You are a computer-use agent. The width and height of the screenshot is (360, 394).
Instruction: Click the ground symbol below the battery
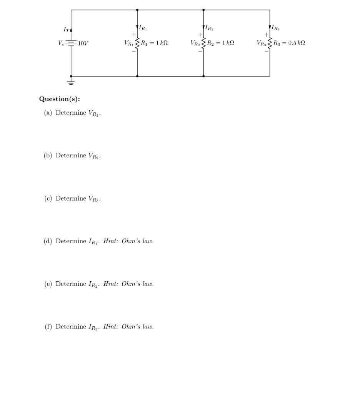click(x=71, y=82)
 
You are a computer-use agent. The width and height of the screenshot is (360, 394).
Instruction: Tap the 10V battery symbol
click(x=71, y=43)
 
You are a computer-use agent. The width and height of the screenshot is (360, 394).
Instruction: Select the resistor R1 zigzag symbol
click(x=137, y=43)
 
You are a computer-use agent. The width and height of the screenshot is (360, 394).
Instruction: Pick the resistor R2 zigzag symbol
click(x=203, y=43)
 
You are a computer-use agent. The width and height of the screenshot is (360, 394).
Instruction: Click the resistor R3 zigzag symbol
click(x=270, y=43)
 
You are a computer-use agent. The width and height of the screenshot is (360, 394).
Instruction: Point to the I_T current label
click(x=66, y=29)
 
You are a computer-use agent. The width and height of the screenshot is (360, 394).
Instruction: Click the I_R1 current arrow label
click(x=143, y=28)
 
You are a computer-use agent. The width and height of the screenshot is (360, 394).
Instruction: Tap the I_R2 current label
click(x=209, y=28)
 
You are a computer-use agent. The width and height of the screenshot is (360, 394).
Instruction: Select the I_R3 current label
click(x=275, y=28)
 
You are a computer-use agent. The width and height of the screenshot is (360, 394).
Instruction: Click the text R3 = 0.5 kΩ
click(x=289, y=43)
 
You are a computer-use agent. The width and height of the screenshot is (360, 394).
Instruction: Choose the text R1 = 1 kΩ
click(x=154, y=43)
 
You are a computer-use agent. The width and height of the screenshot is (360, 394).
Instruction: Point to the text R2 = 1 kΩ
click(x=220, y=43)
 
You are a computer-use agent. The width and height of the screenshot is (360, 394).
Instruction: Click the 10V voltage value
click(x=83, y=43)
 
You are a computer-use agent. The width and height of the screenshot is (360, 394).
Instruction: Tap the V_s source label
click(x=61, y=43)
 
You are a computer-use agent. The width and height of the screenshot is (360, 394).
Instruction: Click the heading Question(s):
click(x=60, y=99)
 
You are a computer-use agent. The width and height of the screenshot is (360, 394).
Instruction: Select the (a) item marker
click(x=48, y=113)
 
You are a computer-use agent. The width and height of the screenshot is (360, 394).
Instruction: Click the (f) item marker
click(x=48, y=327)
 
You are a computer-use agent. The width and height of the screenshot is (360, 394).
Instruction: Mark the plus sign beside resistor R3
click(x=266, y=35)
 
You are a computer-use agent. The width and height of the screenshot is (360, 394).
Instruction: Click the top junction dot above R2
click(x=203, y=10)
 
